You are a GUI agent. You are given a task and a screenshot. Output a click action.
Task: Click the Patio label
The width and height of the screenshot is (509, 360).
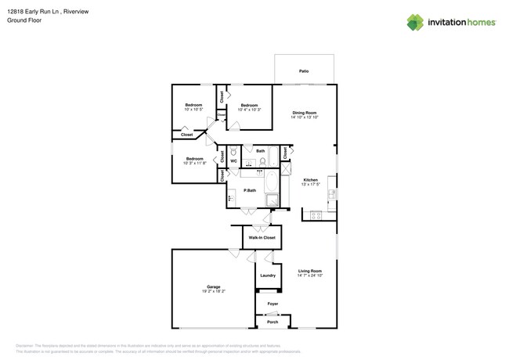pos(304,71)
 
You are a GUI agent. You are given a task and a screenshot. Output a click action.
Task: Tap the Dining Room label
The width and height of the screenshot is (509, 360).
pos(305,113)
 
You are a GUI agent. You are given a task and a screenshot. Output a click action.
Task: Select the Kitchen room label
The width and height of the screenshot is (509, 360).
pos(310,180)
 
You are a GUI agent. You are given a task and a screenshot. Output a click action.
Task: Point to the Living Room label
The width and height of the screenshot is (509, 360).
pos(310,271)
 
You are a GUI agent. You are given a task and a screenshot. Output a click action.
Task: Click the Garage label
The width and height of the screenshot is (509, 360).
pos(213,286)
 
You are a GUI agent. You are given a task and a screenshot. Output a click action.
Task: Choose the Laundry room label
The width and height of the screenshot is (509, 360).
pos(268,275)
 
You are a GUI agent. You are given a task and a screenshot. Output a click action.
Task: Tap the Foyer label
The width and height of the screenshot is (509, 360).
pos(273,304)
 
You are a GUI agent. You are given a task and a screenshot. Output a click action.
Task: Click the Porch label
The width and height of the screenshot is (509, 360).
pos(273,322)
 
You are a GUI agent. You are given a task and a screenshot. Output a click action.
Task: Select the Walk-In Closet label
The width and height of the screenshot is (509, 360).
pos(262,237)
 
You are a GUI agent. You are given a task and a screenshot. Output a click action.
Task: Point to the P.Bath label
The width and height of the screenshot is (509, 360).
pos(250,190)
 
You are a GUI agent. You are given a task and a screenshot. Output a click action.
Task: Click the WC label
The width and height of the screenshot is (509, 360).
pos(233,161)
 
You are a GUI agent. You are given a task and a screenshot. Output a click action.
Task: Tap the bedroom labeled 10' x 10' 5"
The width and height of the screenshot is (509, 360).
pos(193,105)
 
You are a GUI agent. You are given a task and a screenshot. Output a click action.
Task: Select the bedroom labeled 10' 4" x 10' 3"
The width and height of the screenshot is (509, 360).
pos(249,105)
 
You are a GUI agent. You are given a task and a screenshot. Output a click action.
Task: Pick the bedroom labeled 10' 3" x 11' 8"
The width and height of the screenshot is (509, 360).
pos(194,159)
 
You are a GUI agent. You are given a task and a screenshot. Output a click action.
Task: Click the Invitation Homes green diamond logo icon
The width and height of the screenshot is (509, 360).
pos(415,23)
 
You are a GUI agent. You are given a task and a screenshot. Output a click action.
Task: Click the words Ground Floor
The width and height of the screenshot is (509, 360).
pos(24,20)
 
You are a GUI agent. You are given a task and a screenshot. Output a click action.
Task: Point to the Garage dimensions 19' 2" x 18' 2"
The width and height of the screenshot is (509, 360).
pos(213,291)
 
